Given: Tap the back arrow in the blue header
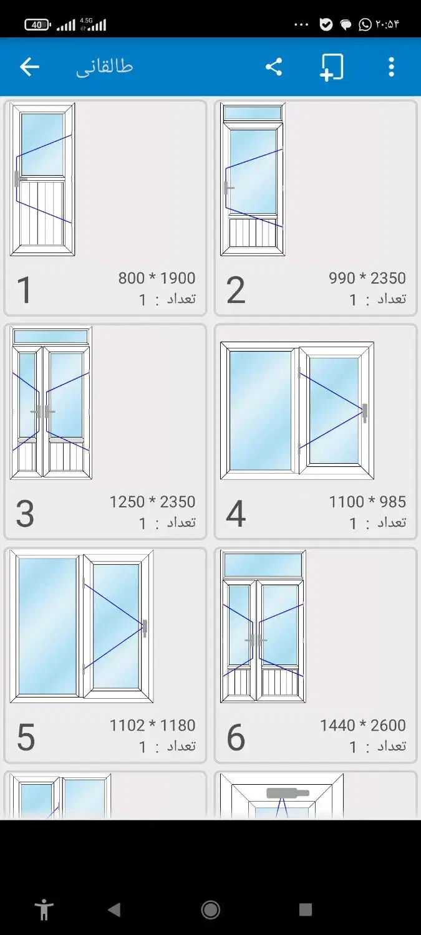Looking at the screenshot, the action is (29, 67).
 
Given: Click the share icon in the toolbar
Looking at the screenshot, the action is (274, 67).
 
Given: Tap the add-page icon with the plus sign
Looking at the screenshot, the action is (332, 67).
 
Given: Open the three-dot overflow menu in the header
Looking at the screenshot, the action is (391, 67).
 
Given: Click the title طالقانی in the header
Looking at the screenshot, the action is (104, 67).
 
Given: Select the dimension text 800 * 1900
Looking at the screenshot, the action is (157, 278).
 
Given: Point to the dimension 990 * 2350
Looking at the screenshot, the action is (367, 278).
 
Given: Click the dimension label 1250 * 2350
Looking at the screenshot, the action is (152, 502).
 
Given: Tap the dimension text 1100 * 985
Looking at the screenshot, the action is (367, 502).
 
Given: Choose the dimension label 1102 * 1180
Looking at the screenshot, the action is (152, 726).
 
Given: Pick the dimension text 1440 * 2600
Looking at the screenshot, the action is (363, 726).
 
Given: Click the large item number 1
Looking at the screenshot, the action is (24, 290).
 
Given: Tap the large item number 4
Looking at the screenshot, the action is (236, 514).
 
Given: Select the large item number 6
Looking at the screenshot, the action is (236, 737).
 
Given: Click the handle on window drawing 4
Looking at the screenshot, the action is (365, 413).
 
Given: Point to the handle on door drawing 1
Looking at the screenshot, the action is (18, 179).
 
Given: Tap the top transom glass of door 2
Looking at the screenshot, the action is (253, 113).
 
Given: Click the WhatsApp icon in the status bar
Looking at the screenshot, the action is (365, 25).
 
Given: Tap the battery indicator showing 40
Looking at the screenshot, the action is (37, 25).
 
